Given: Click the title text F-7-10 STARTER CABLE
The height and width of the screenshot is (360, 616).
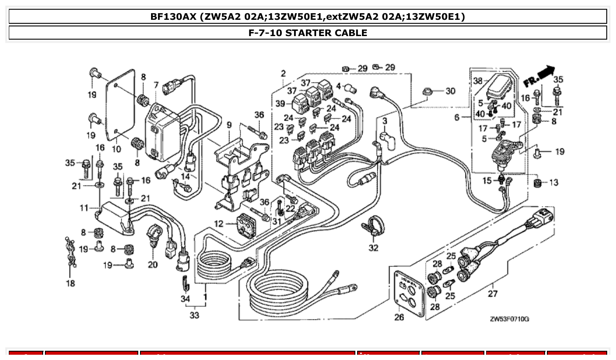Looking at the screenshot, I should [308, 33].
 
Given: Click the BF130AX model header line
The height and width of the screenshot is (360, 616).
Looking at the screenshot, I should [308, 17].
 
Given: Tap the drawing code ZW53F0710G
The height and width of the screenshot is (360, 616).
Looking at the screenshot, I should [509, 319].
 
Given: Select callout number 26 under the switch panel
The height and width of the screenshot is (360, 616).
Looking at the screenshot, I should [399, 317].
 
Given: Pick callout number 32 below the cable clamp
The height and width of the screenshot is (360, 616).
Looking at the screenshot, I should [373, 248].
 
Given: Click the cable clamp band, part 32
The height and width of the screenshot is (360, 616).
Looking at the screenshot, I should [373, 224].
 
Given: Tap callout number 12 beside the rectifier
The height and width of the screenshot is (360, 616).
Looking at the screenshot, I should [219, 224].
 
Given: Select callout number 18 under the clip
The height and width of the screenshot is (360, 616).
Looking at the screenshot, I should [70, 283].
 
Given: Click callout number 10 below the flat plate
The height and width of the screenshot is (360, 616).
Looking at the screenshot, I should [116, 149].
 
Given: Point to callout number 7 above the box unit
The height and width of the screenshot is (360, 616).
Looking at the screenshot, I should [156, 84].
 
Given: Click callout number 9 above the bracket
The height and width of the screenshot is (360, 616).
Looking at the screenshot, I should [229, 125].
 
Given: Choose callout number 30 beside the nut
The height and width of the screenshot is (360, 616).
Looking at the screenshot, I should [450, 91].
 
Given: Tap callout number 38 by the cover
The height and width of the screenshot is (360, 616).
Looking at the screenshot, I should [478, 81].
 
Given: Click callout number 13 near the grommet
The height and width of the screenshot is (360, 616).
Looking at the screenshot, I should [553, 182].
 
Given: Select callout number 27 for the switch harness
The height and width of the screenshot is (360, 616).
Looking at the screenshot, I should [492, 294].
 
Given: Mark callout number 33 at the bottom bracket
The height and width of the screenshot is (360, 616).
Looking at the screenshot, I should [194, 315].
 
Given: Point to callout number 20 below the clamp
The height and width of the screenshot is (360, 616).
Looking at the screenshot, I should [152, 264].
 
